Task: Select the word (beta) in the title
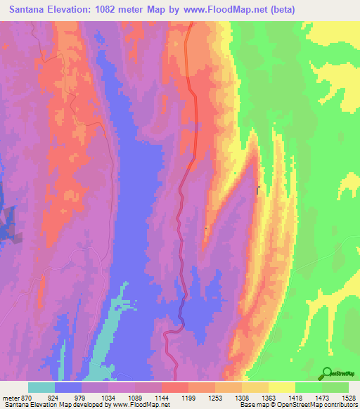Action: [x=280, y=9]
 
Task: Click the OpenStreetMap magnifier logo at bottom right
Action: [x=326, y=374]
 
